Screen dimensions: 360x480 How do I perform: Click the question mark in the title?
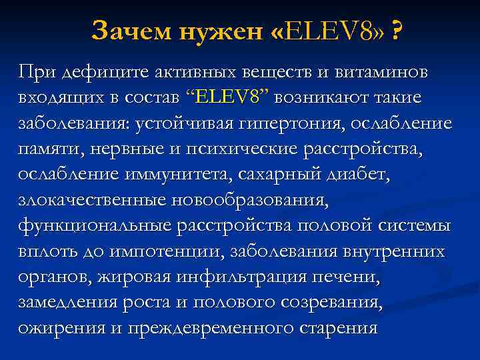(397, 30)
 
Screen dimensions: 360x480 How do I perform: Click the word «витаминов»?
(378, 71)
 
